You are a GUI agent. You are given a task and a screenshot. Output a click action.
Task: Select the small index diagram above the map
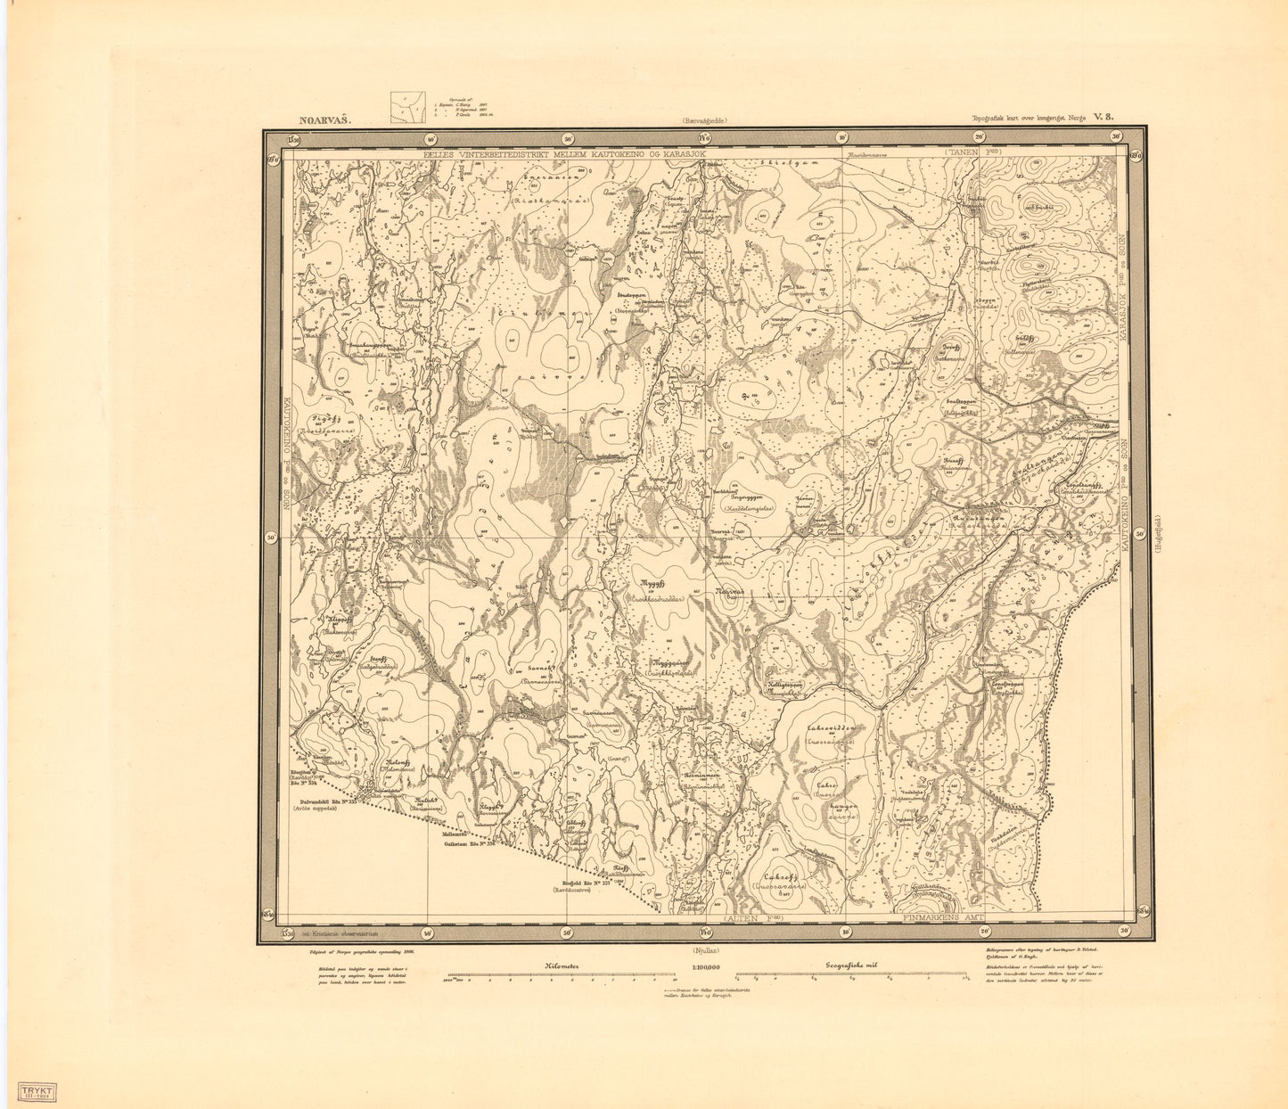pyautogui.click(x=408, y=107)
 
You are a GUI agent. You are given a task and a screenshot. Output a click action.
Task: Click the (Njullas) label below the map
pyautogui.click(x=704, y=949)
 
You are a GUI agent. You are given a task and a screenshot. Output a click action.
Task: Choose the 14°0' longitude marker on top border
pyautogui.click(x=704, y=138)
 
